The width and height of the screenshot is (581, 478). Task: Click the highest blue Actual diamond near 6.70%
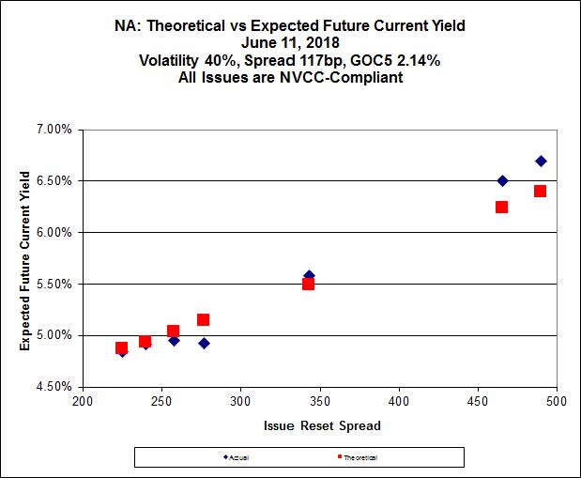541,161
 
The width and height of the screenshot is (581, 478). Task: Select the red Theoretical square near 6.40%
540,191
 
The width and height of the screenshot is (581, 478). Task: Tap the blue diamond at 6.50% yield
502,180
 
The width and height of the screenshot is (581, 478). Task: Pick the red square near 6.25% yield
501,207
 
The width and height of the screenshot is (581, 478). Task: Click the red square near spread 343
308,284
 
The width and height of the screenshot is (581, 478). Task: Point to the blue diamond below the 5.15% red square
204,343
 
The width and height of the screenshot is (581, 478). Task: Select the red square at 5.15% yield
203,319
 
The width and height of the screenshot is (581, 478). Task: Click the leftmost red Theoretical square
121,347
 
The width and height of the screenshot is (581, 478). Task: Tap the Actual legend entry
237,456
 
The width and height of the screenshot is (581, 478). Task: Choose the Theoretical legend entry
359,456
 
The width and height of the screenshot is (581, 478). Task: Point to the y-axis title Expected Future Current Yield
26,257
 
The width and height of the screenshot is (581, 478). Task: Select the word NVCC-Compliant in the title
350,77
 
